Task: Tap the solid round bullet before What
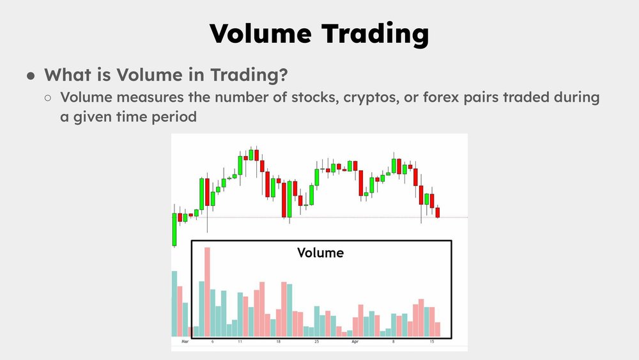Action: tap(30, 75)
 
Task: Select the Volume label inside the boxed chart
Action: tap(320, 253)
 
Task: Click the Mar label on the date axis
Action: tap(185, 343)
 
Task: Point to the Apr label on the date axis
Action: tap(355, 343)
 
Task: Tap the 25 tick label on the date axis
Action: tap(316, 343)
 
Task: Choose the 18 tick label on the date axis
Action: tap(279, 343)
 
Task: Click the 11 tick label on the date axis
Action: tap(240, 343)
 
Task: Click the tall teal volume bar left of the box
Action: tap(174, 304)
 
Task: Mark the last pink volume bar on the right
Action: tap(438, 329)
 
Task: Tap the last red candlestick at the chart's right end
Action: tap(438, 212)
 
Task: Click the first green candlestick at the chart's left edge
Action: tap(174, 229)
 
